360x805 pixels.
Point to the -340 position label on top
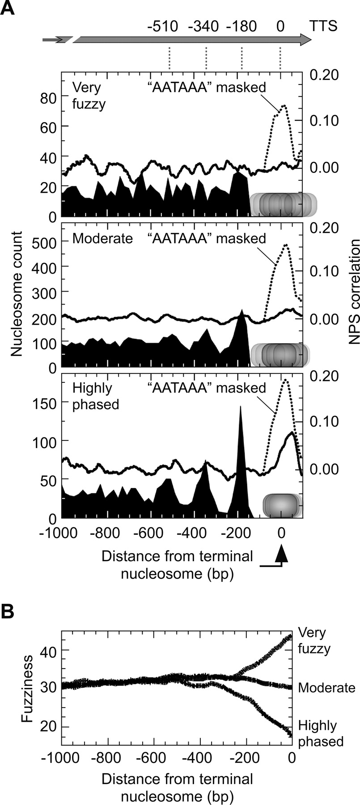pos(203,26)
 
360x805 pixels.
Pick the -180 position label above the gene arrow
pos(241,26)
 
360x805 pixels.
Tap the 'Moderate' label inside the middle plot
pos(102,238)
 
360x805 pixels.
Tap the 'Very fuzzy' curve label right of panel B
pos(313,641)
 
